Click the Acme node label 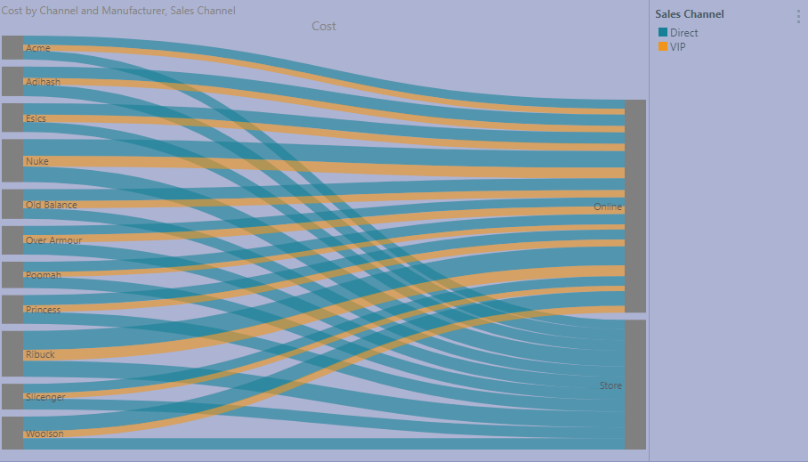click(37, 48)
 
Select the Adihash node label click(43, 83)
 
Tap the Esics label click(36, 118)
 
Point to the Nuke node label click(36, 161)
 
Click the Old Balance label click(51, 205)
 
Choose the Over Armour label click(53, 240)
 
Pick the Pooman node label click(43, 275)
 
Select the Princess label click(43, 310)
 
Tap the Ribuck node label click(40, 354)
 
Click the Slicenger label click(45, 397)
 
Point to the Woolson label click(44, 434)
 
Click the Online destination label click(608, 207)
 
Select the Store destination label click(610, 385)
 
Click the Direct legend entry click(683, 33)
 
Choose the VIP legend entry click(677, 47)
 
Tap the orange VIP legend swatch click(662, 46)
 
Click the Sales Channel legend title click(689, 14)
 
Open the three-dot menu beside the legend click(797, 16)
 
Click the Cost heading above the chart click(324, 27)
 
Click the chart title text click(118, 11)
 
